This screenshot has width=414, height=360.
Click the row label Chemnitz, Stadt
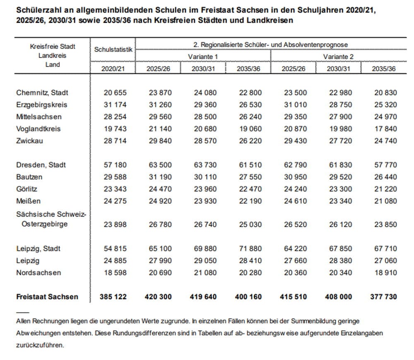tap(42, 93)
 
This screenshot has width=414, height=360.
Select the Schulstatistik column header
tap(113, 49)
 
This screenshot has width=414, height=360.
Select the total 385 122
tap(113, 297)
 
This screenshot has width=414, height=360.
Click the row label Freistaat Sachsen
tap(47, 297)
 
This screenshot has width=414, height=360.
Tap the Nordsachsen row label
tap(39, 273)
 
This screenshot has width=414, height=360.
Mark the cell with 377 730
tap(383, 297)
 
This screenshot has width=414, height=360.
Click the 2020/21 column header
tap(113, 69)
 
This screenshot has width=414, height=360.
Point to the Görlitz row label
tap(27, 189)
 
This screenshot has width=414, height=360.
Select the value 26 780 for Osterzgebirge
tap(159, 225)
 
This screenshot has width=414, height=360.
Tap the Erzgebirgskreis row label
tap(41, 105)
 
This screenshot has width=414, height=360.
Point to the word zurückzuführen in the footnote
tap(40, 345)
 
